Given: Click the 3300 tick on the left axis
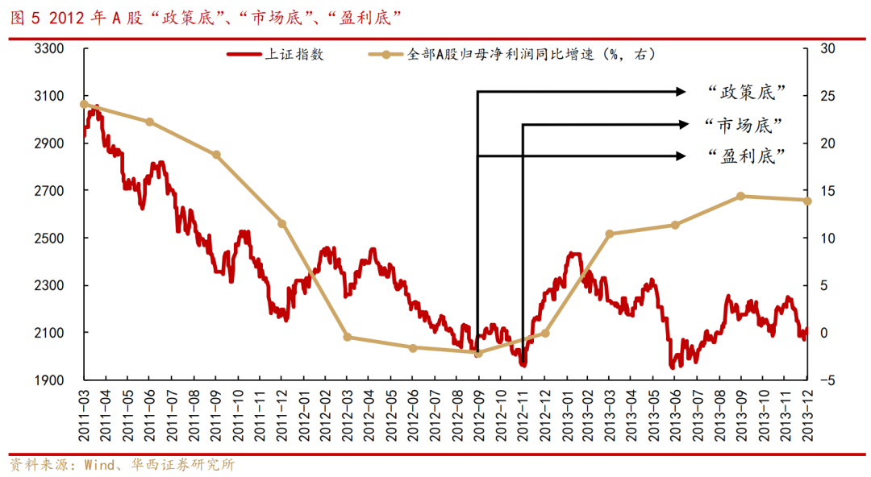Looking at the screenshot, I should pos(49,48).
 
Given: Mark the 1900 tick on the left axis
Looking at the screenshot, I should pos(49,380).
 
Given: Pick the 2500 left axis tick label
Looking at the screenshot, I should pos(49,238).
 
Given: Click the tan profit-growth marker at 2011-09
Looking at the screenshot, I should pos(216,155).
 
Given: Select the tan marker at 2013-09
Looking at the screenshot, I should pos(740,196).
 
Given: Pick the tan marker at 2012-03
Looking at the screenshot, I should pos(347,337).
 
